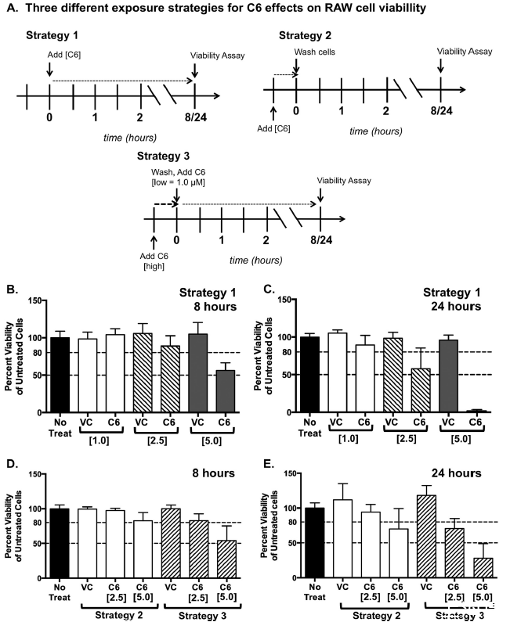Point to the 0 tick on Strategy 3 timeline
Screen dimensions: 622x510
point(176,242)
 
